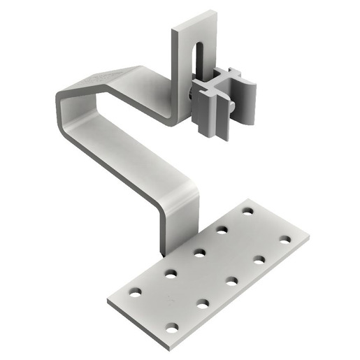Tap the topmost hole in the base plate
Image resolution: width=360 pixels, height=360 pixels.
247,210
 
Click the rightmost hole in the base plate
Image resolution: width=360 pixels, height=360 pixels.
285,239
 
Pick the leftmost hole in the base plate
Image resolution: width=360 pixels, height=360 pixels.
135,291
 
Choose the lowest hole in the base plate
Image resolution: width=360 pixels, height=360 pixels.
172,326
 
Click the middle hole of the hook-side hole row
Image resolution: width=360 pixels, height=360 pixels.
199,252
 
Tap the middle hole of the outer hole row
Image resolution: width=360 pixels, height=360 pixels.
231,281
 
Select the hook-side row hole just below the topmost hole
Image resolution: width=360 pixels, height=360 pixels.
222,229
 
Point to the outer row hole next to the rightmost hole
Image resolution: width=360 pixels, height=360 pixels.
259,259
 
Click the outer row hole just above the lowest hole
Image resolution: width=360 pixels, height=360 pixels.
203,303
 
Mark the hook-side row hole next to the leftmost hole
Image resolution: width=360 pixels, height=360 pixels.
170,273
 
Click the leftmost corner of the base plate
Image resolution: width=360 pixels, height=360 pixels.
109,302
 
